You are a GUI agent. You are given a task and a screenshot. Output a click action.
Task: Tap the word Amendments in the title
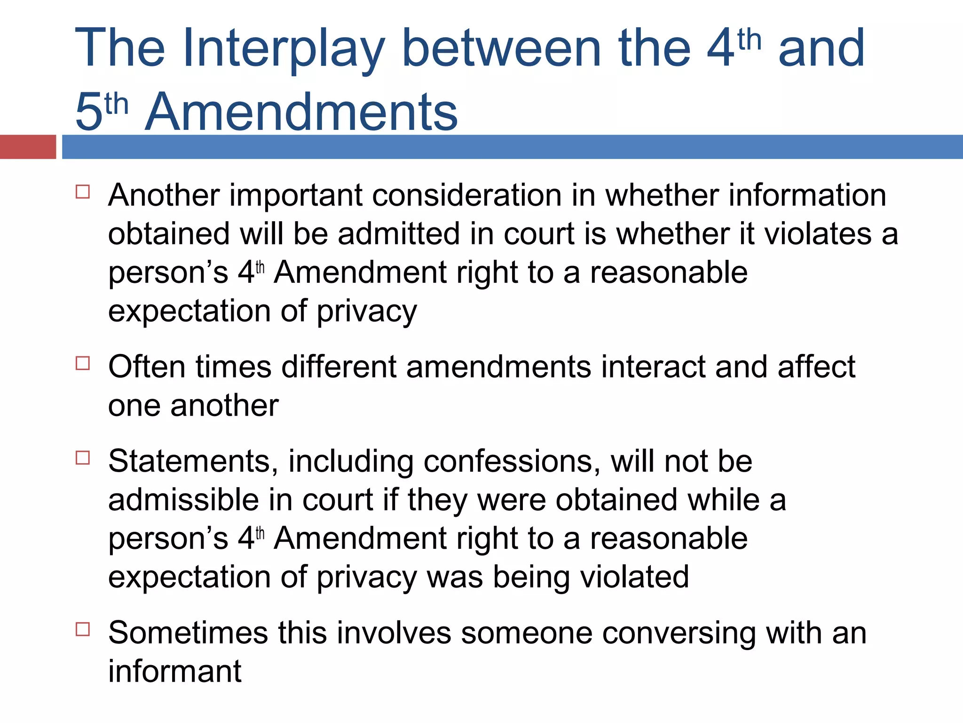pos(301,112)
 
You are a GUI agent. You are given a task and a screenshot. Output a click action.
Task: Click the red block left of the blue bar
pos(28,147)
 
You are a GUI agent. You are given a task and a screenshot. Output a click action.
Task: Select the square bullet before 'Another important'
pos(83,192)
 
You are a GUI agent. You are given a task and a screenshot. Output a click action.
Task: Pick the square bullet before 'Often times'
pos(83,363)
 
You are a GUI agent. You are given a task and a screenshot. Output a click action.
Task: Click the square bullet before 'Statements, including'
pos(83,458)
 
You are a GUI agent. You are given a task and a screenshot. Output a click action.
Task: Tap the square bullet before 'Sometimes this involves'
pos(83,629)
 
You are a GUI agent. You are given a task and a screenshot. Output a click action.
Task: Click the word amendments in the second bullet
pos(498,367)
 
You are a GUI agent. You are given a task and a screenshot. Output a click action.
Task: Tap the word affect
pos(816,367)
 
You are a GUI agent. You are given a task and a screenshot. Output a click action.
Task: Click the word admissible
pos(183,499)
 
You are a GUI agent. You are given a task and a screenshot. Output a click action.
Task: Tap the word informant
pos(174,671)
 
